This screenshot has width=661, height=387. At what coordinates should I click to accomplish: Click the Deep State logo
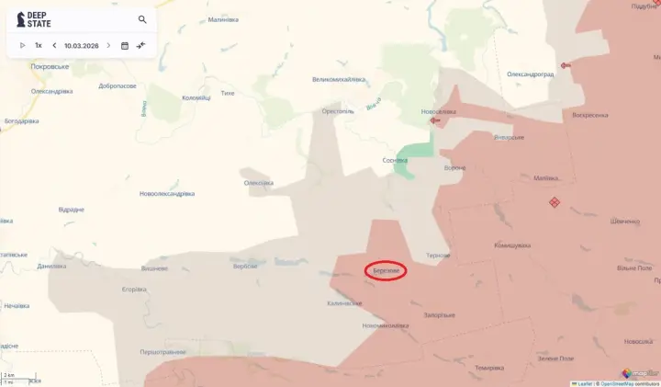point(34,19)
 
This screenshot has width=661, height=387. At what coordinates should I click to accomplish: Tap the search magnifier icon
point(142,19)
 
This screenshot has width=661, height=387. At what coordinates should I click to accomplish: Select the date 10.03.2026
point(82,45)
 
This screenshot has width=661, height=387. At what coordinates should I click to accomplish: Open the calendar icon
point(125,45)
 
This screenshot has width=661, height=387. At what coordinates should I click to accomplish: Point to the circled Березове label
point(387,271)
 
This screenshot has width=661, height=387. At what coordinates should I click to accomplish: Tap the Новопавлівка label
point(439,112)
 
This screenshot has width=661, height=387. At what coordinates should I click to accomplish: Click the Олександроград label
point(530,74)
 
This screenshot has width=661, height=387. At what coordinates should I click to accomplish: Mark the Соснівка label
point(395,160)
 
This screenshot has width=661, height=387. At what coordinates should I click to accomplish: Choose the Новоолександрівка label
point(167,194)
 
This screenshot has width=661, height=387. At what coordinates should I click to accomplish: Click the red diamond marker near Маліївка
point(555,202)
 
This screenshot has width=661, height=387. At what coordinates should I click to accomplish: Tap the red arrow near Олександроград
point(565,65)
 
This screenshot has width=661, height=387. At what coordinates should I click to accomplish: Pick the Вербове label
point(245,267)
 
